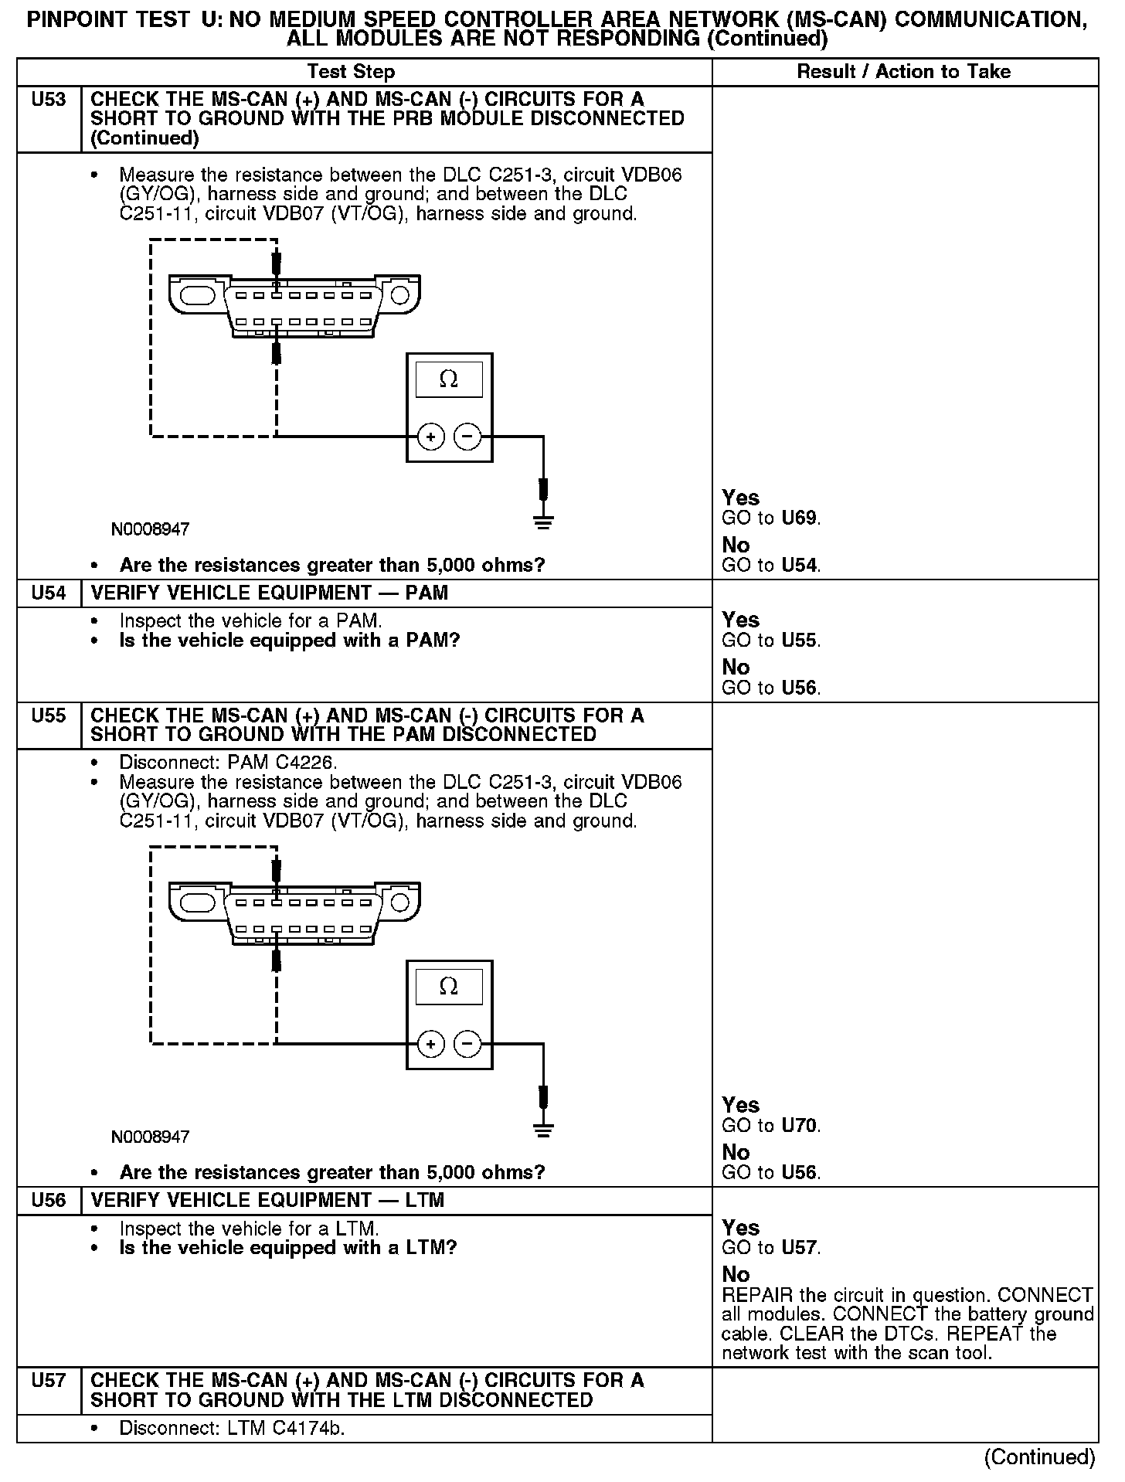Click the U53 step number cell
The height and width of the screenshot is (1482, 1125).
tap(49, 100)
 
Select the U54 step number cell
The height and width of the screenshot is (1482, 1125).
tap(49, 593)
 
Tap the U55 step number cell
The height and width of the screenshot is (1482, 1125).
tap(49, 716)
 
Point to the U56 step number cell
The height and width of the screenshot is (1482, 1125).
tap(49, 1201)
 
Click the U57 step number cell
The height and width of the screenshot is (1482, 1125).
tap(49, 1381)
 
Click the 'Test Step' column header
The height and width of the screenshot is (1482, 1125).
tap(351, 72)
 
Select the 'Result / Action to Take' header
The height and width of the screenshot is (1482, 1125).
tap(903, 72)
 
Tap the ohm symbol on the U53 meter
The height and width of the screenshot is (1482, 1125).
tap(448, 379)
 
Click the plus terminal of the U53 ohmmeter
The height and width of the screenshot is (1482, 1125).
tap(430, 437)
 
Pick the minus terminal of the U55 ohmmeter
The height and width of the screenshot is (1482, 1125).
tap(467, 1045)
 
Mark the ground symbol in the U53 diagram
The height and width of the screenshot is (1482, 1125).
tap(544, 522)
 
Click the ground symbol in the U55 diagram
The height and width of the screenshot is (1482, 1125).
tap(544, 1129)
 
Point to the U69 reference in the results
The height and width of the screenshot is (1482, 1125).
tap(799, 518)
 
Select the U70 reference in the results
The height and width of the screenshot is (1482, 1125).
tap(799, 1126)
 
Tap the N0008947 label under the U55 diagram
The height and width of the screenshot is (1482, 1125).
tap(150, 1137)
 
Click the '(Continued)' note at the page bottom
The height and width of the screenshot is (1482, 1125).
tap(1039, 1457)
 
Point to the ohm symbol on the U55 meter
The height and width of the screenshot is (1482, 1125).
tap(448, 987)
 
